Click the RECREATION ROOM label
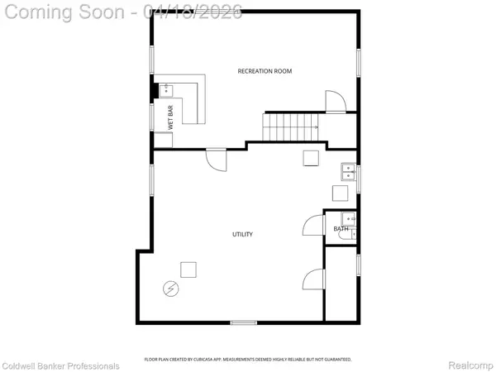pos(265,71)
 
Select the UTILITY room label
pos(241,235)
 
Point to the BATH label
pos(341,229)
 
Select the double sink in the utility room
pos(349,173)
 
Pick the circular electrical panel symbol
pos(170,288)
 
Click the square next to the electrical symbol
pos(188,269)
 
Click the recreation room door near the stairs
pos(335,101)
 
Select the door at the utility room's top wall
pos(216,158)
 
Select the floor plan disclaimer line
pos(248,360)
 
